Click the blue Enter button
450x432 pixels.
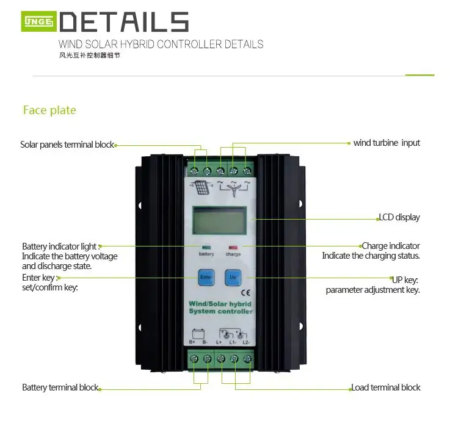(x=205, y=278)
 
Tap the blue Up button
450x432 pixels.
(x=233, y=278)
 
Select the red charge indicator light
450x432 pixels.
(x=233, y=248)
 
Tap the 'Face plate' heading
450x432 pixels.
(x=49, y=110)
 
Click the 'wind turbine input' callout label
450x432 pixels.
(x=386, y=143)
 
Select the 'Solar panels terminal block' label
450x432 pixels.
(x=67, y=145)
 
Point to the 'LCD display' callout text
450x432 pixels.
(x=399, y=217)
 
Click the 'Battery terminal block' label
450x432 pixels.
(x=60, y=387)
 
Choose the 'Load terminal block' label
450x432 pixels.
(x=385, y=387)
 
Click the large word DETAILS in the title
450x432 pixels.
(x=125, y=22)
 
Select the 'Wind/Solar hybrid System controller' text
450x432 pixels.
(x=220, y=307)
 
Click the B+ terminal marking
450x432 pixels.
(x=193, y=342)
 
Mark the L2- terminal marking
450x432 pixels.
(x=245, y=342)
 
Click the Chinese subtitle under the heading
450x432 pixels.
(x=85, y=56)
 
